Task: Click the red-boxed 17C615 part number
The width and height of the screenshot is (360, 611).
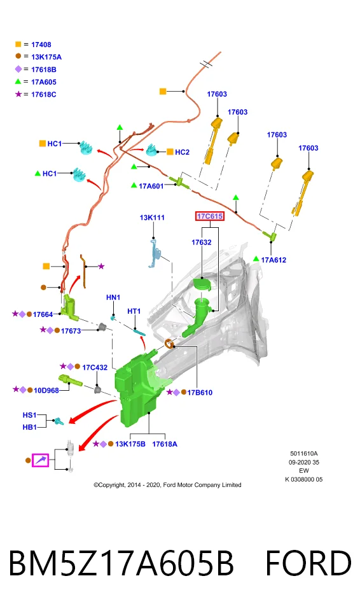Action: pos(210,216)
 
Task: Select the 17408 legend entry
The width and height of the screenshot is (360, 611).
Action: pos(34,45)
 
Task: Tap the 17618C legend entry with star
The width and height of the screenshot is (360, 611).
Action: pos(36,94)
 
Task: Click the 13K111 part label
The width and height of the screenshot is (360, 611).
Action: pos(152,218)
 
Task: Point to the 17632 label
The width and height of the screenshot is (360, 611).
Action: pos(202,242)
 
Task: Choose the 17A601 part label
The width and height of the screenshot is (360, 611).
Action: pos(151,186)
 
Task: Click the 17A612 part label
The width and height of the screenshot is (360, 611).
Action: pos(273,260)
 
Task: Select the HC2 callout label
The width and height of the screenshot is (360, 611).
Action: pos(182,152)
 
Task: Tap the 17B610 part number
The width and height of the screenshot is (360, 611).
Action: pos(200,393)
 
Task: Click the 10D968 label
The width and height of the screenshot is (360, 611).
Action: pos(46,390)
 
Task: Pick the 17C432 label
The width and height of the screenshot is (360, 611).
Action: pos(95,367)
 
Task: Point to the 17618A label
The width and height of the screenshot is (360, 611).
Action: pos(164,444)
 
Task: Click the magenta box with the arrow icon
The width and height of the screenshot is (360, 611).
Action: pos(41,461)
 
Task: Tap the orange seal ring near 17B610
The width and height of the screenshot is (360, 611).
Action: pos(169,344)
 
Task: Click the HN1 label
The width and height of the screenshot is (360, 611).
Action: pos(113,298)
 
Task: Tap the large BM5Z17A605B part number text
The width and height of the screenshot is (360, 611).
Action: pos(121,563)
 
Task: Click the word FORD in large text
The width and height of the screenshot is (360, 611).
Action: pos(308,563)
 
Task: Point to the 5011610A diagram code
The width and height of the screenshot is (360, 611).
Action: pos(304,454)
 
